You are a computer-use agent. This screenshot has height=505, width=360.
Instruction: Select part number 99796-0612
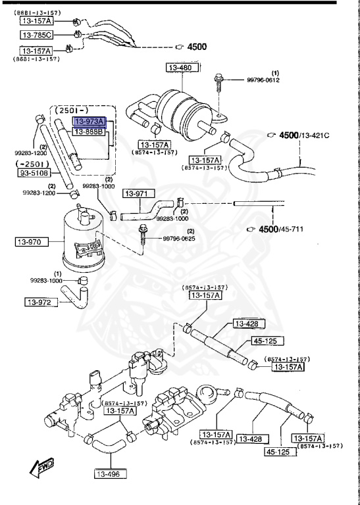263,79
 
